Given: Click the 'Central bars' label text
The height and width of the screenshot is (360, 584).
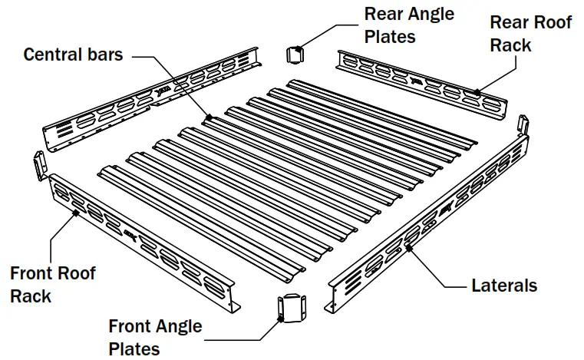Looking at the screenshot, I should coord(73,54).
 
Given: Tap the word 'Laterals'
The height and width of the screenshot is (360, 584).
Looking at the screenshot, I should coord(503,286).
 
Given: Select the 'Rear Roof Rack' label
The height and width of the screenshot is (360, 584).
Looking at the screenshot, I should coord(531,34).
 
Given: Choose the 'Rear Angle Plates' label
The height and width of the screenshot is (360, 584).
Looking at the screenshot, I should coord(409,25).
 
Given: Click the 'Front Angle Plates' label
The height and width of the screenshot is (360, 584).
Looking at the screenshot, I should coord(155,337).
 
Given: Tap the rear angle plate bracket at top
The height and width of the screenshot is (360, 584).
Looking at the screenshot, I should coord(295,54).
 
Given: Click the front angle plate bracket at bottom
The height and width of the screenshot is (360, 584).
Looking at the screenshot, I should coord(291,308).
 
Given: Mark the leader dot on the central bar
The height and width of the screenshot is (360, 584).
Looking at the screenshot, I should coord(208,117).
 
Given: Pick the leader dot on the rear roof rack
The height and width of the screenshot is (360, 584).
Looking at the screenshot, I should coord(477,91).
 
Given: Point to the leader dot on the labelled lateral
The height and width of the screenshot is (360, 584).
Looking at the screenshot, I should coord(409,247).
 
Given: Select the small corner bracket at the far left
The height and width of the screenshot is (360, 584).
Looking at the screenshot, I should coord(36,163).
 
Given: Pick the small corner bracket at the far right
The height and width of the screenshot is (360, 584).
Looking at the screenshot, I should coord(524,124).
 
